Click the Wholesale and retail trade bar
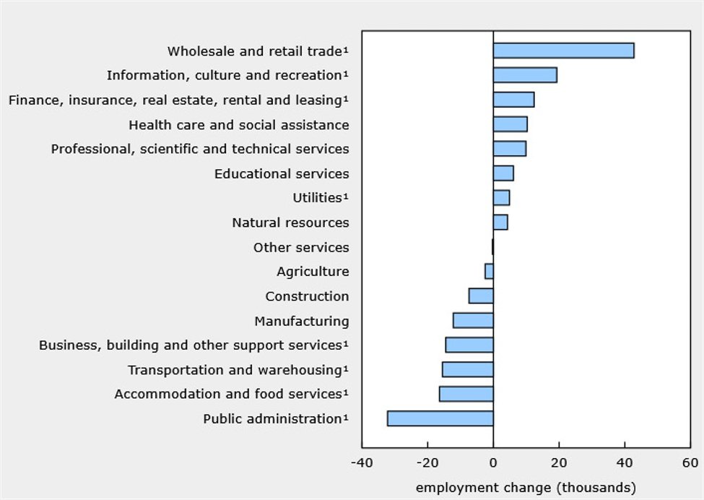(x=563, y=51)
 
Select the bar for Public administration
(x=440, y=418)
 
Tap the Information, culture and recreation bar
(x=525, y=75)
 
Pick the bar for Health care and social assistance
(x=510, y=124)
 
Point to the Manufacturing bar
(x=473, y=320)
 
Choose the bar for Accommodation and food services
(x=466, y=394)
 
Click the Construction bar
(x=481, y=296)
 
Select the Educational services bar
(x=503, y=173)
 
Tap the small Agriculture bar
(x=489, y=271)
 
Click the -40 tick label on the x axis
(x=362, y=462)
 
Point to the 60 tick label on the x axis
(x=690, y=462)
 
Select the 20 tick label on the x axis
(x=559, y=462)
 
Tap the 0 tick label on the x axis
(x=493, y=462)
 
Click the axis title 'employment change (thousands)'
(x=526, y=487)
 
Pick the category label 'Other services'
(x=300, y=247)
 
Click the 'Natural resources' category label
(x=290, y=223)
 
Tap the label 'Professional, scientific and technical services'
(x=200, y=149)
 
